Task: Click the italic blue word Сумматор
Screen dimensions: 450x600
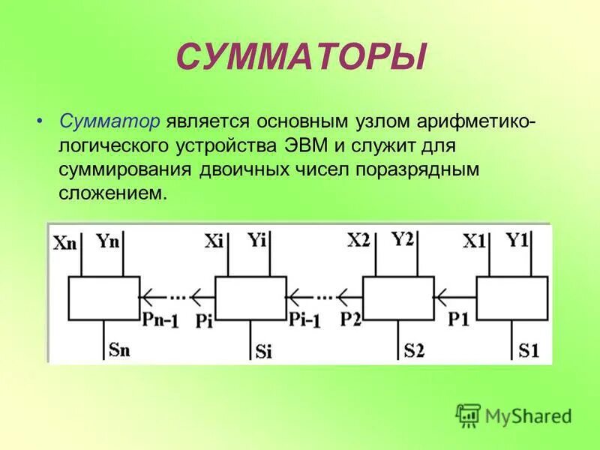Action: pyautogui.click(x=109, y=121)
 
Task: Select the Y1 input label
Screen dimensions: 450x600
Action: pyautogui.click(x=517, y=241)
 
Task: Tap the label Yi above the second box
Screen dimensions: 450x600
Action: pyautogui.click(x=259, y=240)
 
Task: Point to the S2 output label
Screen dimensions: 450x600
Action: pyautogui.click(x=415, y=349)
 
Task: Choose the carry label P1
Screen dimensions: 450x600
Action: pyautogui.click(x=458, y=317)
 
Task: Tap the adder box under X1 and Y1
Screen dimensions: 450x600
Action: pyautogui.click(x=512, y=298)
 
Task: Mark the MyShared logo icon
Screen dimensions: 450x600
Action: pyautogui.click(x=469, y=415)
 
